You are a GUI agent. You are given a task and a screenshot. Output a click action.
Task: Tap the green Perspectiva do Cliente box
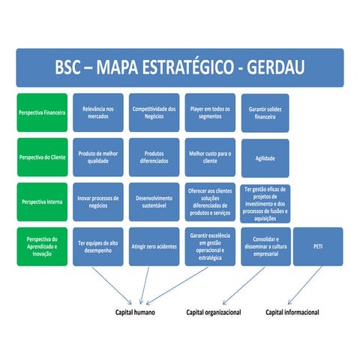(x=43, y=157)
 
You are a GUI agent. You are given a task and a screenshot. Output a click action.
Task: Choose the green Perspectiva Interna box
(x=43, y=202)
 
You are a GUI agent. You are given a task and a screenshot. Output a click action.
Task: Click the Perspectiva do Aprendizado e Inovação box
(x=43, y=246)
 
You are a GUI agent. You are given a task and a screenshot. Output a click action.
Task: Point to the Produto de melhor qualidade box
(x=98, y=157)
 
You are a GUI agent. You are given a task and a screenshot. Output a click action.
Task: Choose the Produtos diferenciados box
(x=154, y=157)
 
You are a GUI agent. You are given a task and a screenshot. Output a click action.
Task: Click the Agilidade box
(x=265, y=158)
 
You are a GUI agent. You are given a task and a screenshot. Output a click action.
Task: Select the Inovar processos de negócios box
(x=98, y=202)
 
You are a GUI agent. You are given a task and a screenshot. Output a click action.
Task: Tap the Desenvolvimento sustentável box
(x=154, y=202)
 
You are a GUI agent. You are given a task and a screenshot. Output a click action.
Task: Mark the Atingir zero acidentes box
(x=154, y=246)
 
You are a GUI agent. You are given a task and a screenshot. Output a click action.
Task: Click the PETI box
(x=318, y=246)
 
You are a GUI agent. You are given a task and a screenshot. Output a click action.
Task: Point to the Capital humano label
(x=135, y=312)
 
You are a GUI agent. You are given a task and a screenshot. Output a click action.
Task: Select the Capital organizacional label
(x=214, y=312)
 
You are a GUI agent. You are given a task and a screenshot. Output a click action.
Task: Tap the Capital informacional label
(x=292, y=312)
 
